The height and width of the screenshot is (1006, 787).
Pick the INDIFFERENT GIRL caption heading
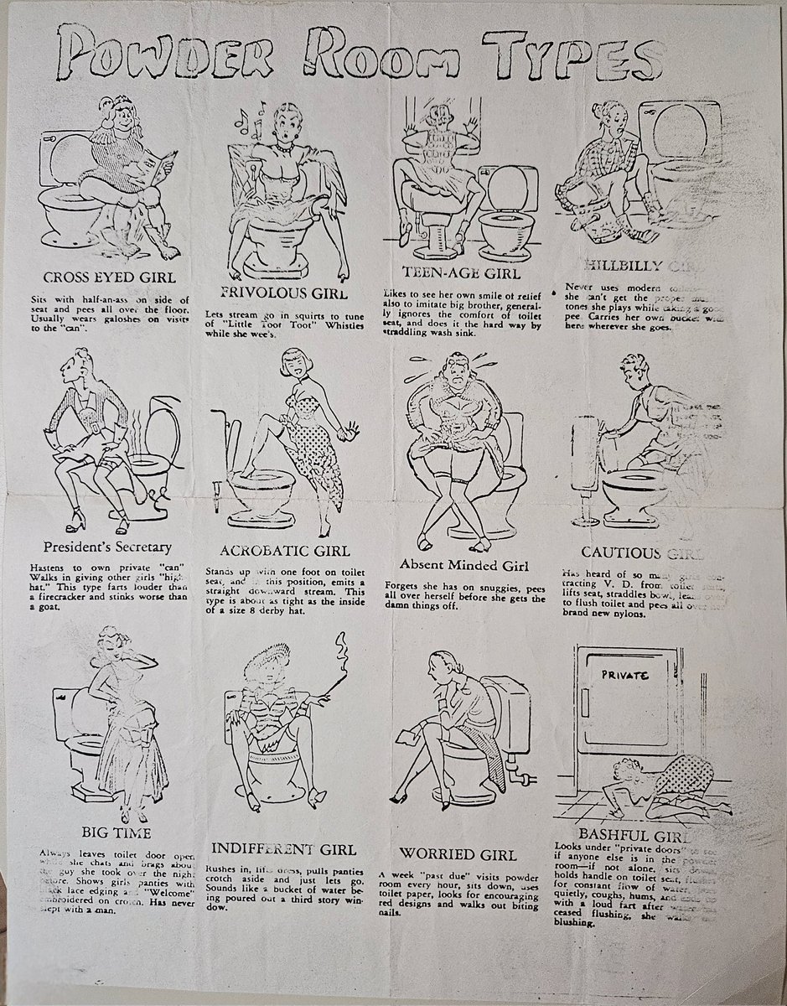click(x=285, y=848)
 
